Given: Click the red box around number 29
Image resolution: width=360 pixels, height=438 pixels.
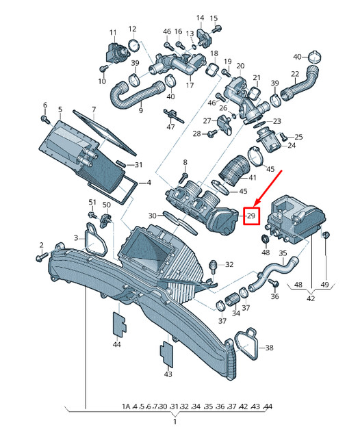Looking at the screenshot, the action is click(251, 216).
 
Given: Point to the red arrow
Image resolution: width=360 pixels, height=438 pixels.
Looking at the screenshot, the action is click(268, 188).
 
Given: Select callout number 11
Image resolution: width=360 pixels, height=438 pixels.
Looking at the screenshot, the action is click(113, 33).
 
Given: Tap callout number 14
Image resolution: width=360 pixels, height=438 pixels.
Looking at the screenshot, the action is click(200, 18).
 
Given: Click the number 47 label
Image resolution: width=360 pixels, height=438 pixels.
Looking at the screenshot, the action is click(170, 127).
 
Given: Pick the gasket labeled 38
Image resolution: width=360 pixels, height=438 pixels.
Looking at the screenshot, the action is click(246, 344).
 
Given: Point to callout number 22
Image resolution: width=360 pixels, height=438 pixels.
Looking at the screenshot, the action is click(295, 74).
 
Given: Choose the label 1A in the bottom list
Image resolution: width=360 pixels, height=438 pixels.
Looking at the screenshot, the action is click(126, 406).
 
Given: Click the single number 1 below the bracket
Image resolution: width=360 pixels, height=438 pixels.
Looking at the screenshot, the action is click(175, 422).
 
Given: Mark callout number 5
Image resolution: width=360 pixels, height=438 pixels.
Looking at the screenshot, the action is click(60, 109).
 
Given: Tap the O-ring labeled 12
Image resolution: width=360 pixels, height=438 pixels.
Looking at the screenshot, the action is click(134, 46).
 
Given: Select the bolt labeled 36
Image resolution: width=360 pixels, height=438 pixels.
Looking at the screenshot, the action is click(273, 283).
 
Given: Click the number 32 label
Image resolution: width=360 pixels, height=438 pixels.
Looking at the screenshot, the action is click(229, 264).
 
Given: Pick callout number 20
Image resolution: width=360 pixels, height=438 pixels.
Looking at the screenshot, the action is click(240, 66).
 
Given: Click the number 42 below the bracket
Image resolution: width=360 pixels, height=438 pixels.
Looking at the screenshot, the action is click(311, 298).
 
